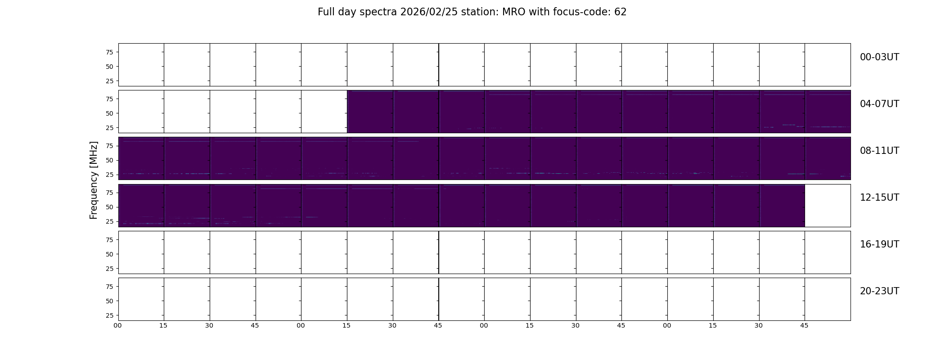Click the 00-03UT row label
(x=879, y=57)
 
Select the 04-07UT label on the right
(x=879, y=104)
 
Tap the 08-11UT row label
(x=879, y=151)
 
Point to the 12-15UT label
(x=879, y=198)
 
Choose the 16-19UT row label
(x=879, y=244)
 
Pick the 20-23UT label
(x=879, y=291)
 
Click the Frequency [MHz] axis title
(x=94, y=180)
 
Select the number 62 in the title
(x=621, y=12)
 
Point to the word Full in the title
(x=326, y=12)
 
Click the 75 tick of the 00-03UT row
(x=109, y=52)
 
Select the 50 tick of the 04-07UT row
(x=109, y=113)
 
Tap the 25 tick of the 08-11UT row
(x=109, y=175)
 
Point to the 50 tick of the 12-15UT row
(x=109, y=207)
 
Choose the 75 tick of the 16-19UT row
(x=109, y=240)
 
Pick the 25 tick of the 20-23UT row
(x=109, y=315)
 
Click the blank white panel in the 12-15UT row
(x=828, y=206)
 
